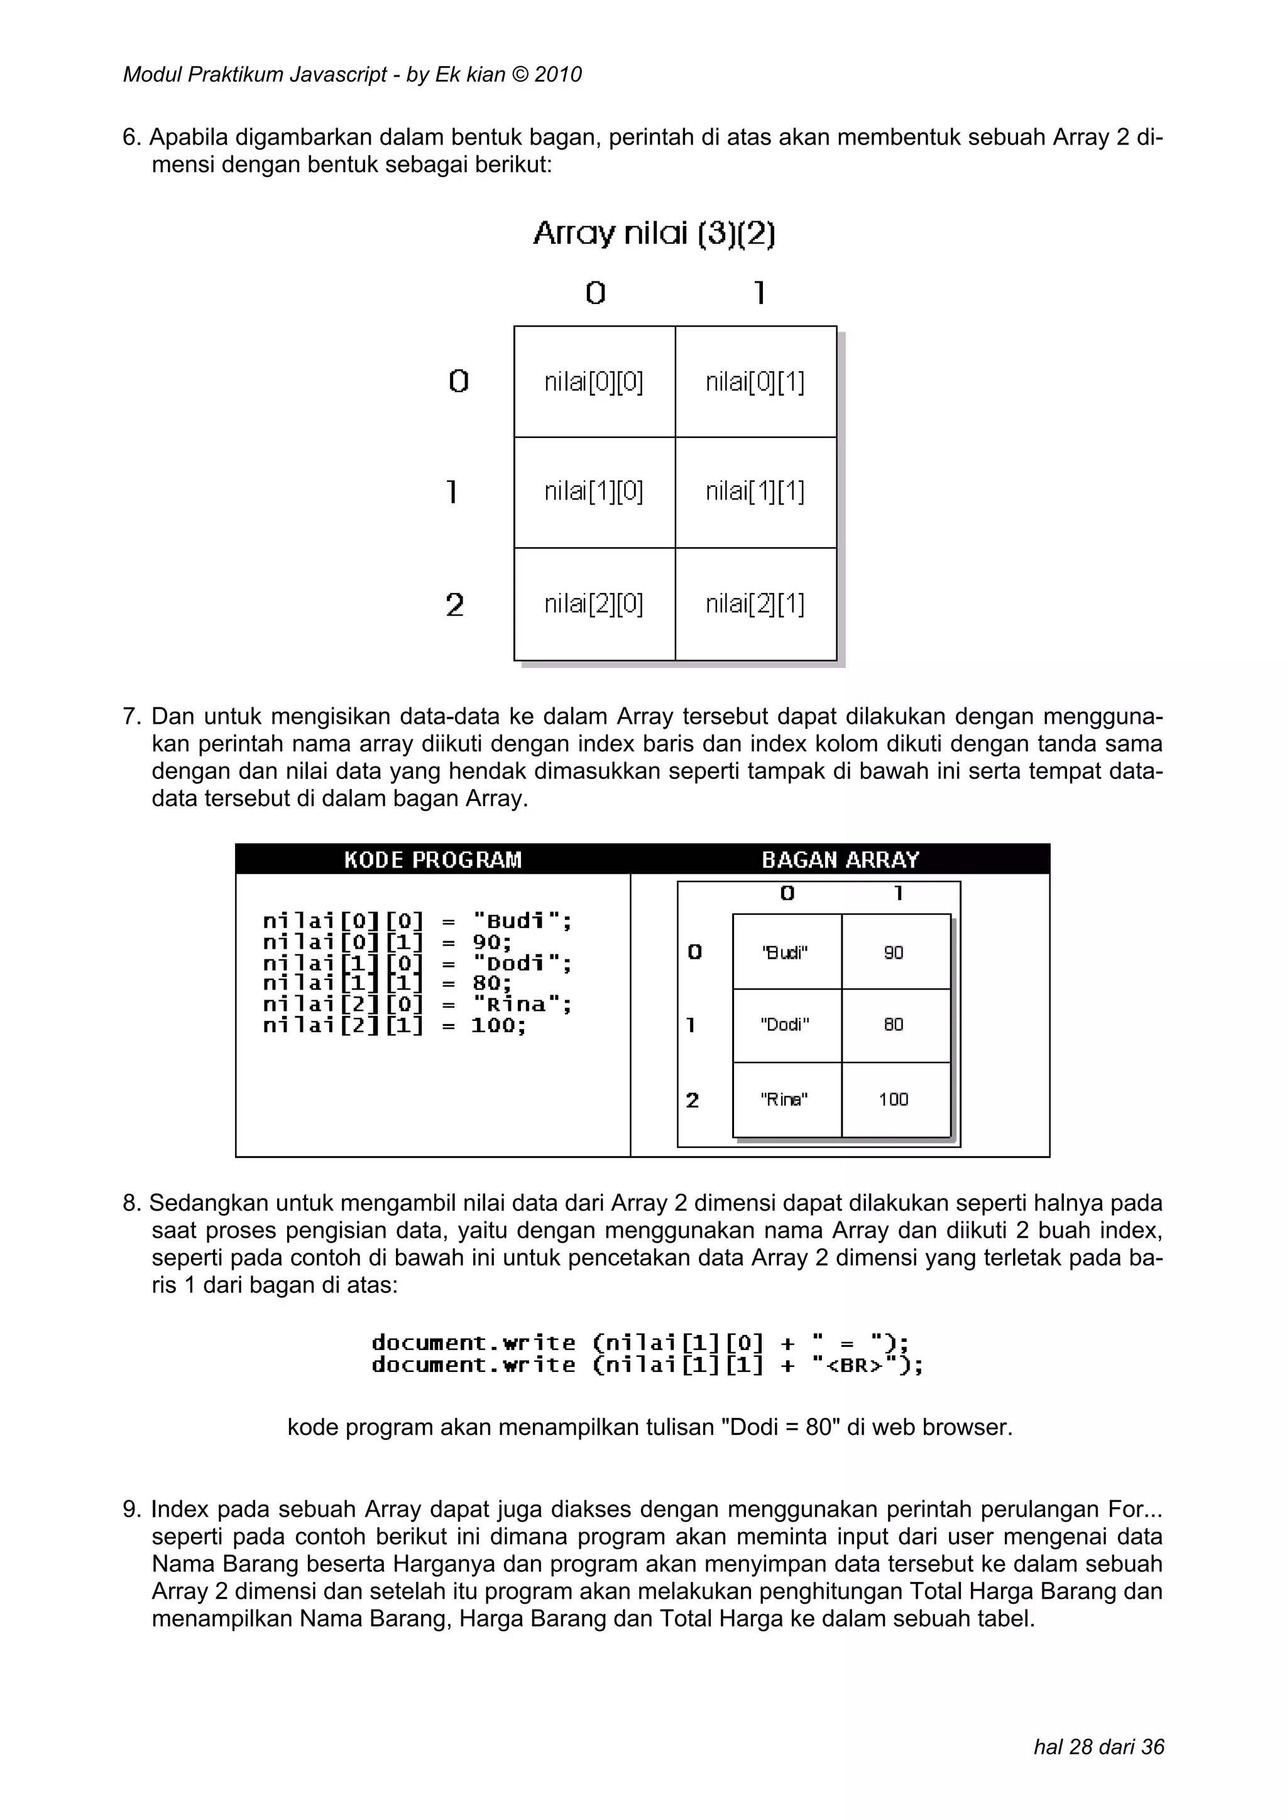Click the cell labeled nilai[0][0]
tap(594, 382)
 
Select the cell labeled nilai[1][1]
tap(755, 493)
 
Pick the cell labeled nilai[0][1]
tap(755, 382)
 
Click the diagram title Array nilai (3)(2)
tap(654, 234)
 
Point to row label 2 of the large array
tap(454, 606)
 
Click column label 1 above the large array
tap(759, 294)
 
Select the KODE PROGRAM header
tap(433, 859)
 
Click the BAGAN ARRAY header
tap(840, 859)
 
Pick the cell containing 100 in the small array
tap(894, 1099)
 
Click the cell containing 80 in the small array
tap(894, 1024)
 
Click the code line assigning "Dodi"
tap(417, 963)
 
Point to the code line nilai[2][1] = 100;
tap(394, 1026)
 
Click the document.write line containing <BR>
tap(647, 1365)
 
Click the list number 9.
tap(131, 1509)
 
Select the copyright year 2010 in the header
tap(558, 75)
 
